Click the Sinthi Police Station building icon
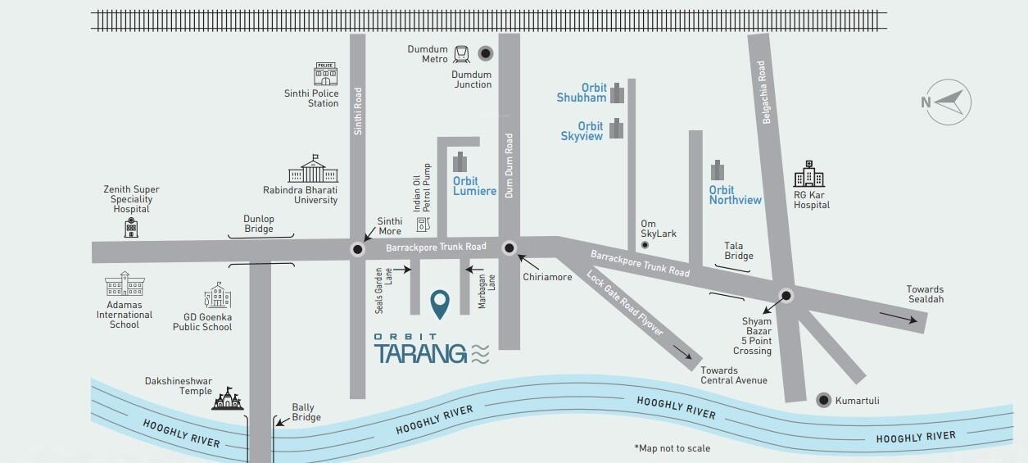pyautogui.click(x=326, y=74)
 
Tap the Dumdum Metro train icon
pyautogui.click(x=461, y=54)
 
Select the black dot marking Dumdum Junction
pyautogui.click(x=486, y=53)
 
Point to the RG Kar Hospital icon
pyautogui.click(x=808, y=174)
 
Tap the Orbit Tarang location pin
pyautogui.click(x=440, y=304)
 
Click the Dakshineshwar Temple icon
pyautogui.click(x=228, y=398)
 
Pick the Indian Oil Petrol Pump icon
pyautogui.click(x=423, y=224)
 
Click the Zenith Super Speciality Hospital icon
pyautogui.click(x=131, y=228)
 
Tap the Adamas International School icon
pyautogui.click(x=125, y=284)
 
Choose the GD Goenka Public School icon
pyautogui.click(x=218, y=296)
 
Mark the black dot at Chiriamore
pyautogui.click(x=509, y=247)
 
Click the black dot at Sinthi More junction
pyautogui.click(x=357, y=250)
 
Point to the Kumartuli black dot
pyautogui.click(x=823, y=400)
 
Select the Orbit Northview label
pyautogui.click(x=735, y=195)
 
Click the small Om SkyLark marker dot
pyautogui.click(x=645, y=245)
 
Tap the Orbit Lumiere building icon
pyautogui.click(x=460, y=161)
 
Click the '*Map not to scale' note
pyautogui.click(x=672, y=448)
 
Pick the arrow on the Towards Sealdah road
pyautogui.click(x=899, y=319)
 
